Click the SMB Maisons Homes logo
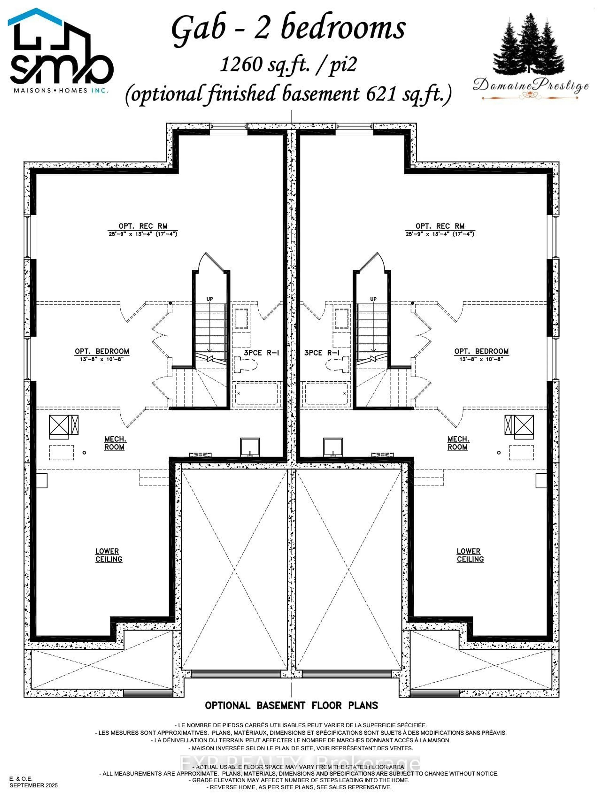click(60, 52)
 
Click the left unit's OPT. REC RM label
click(143, 226)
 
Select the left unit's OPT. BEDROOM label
click(102, 352)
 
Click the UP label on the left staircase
click(210, 299)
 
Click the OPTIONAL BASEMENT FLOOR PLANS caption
click(291, 705)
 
